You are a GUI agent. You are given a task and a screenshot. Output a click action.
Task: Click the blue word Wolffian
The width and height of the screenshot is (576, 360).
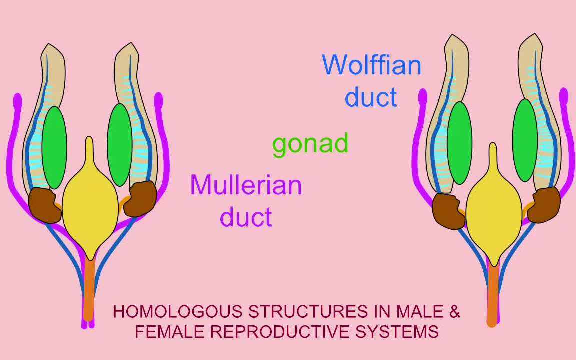click(x=371, y=65)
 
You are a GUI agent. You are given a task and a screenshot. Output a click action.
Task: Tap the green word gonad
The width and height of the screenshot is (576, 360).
click(x=310, y=144)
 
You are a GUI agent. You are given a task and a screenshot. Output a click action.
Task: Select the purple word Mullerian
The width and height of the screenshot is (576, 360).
click(x=246, y=185)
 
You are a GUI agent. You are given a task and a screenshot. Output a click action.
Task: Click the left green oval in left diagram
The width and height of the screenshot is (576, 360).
click(x=54, y=147)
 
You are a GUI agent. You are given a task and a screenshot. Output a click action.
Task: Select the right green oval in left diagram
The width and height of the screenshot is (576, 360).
click(x=120, y=145)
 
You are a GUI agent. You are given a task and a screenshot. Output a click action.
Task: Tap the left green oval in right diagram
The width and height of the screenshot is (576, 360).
click(x=460, y=143)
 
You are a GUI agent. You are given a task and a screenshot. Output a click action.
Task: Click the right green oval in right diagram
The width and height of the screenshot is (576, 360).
click(x=525, y=140)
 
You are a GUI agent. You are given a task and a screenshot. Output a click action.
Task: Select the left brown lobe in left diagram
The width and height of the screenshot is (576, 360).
click(x=44, y=205)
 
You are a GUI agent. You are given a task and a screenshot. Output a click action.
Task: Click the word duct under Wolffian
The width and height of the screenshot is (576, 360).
click(x=371, y=97)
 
